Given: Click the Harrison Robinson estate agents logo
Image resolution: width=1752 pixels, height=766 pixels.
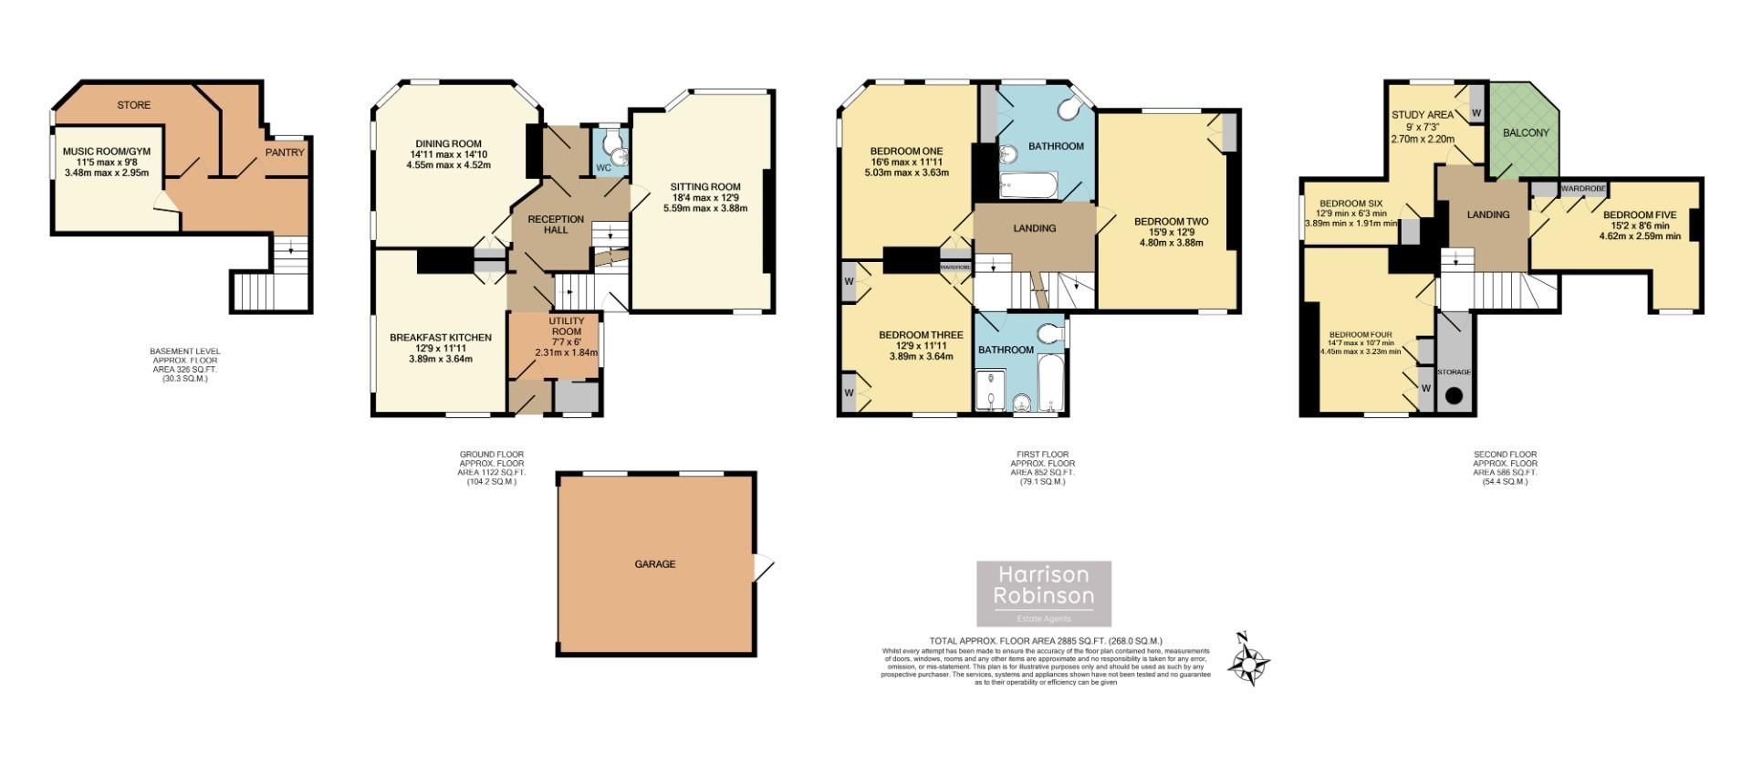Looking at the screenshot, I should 1044,593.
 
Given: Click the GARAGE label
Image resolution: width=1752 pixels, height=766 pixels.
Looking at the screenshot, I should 654,564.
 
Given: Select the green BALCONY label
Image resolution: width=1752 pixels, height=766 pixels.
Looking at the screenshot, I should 1526,132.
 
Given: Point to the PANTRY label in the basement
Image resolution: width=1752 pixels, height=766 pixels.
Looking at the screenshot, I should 285,152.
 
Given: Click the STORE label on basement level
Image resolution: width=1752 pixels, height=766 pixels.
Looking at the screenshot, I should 133,105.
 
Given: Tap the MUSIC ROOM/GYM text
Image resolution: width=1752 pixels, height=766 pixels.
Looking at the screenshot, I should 105,152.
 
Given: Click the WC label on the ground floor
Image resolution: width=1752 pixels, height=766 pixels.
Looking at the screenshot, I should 603,168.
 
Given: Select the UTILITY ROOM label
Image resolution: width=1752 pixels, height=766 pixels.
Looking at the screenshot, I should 565,326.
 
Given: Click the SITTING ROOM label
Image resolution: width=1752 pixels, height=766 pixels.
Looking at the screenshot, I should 705,187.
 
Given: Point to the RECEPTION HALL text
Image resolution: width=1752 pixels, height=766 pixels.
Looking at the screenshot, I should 556,224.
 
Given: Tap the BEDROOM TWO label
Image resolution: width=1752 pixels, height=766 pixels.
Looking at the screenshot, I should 1171,221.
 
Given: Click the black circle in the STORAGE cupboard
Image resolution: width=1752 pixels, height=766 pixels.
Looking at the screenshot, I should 1453,396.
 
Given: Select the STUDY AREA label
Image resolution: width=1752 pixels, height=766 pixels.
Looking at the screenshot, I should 1422,115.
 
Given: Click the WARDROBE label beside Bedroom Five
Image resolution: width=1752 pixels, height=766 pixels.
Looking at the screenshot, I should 1581,188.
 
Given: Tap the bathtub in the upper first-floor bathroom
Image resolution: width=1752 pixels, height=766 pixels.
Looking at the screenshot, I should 1027,187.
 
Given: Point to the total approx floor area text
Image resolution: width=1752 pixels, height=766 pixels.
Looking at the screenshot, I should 1045,641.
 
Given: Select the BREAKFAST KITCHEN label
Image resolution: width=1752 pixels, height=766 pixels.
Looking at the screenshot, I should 440,338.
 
